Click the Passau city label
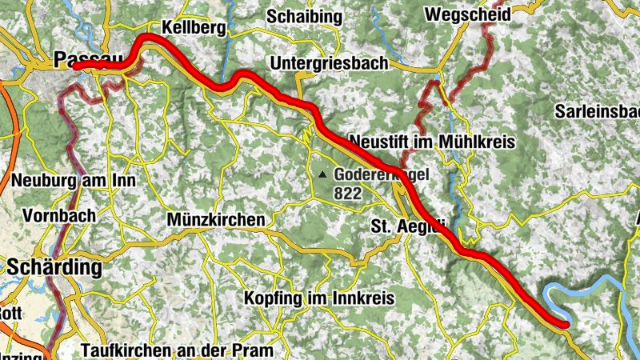(x=89, y=58)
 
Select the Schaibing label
(x=304, y=16)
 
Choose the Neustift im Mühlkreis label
(x=433, y=140)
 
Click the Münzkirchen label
(x=216, y=218)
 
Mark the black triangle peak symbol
(x=323, y=174)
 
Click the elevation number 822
(x=349, y=193)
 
